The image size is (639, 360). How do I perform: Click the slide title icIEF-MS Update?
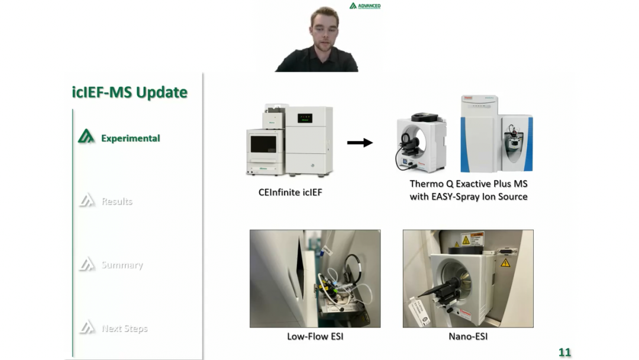pos(130,92)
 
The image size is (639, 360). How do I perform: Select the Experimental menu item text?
pos(130,138)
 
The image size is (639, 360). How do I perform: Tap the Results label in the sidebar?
pos(117,201)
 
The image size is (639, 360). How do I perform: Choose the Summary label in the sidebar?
pos(122,265)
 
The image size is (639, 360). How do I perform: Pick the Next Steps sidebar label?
pos(124,328)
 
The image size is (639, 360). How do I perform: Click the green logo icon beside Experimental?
pos(86,137)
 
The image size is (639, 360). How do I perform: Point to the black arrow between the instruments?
pos(360,142)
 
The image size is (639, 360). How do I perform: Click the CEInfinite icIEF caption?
pos(290,192)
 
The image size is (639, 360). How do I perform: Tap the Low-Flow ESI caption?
pos(315,336)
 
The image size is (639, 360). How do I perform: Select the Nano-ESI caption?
pos(468,336)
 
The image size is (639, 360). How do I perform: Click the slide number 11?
pos(564,352)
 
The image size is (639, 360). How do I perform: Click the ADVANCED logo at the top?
pos(365,6)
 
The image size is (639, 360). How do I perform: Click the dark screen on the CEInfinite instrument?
pos(264,144)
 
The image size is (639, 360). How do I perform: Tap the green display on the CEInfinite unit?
pos(305,117)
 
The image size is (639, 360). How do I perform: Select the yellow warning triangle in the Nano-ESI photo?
pos(505,262)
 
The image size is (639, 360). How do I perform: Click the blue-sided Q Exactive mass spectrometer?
pos(496,135)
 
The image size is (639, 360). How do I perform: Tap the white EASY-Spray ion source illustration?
pos(421,142)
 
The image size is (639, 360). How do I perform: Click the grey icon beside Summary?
pos(86,264)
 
